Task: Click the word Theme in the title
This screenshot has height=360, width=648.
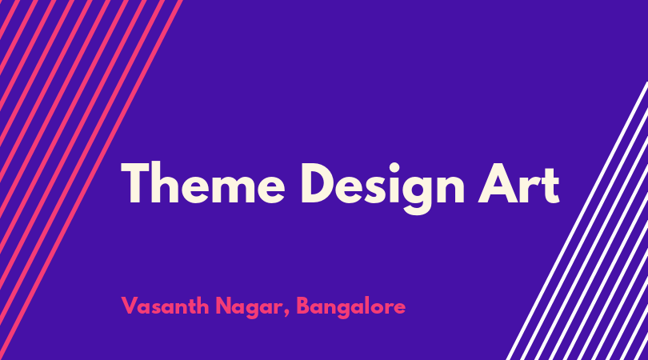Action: (203, 182)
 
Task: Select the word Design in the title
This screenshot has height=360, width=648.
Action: (382, 189)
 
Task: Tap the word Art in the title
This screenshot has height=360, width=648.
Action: (519, 184)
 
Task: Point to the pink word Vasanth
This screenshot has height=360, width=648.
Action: (165, 306)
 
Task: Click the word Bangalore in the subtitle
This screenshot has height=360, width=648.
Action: (351, 307)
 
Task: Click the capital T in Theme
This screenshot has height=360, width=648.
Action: (135, 183)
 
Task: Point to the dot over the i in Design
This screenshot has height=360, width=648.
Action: (394, 167)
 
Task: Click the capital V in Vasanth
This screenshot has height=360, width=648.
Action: (130, 306)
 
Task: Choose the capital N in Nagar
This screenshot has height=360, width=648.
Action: (223, 306)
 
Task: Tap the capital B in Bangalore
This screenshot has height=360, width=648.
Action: (303, 306)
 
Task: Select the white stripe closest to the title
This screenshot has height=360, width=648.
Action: (577, 221)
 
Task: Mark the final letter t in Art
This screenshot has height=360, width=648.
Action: (551, 186)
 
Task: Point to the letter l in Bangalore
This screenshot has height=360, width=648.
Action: (370, 306)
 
